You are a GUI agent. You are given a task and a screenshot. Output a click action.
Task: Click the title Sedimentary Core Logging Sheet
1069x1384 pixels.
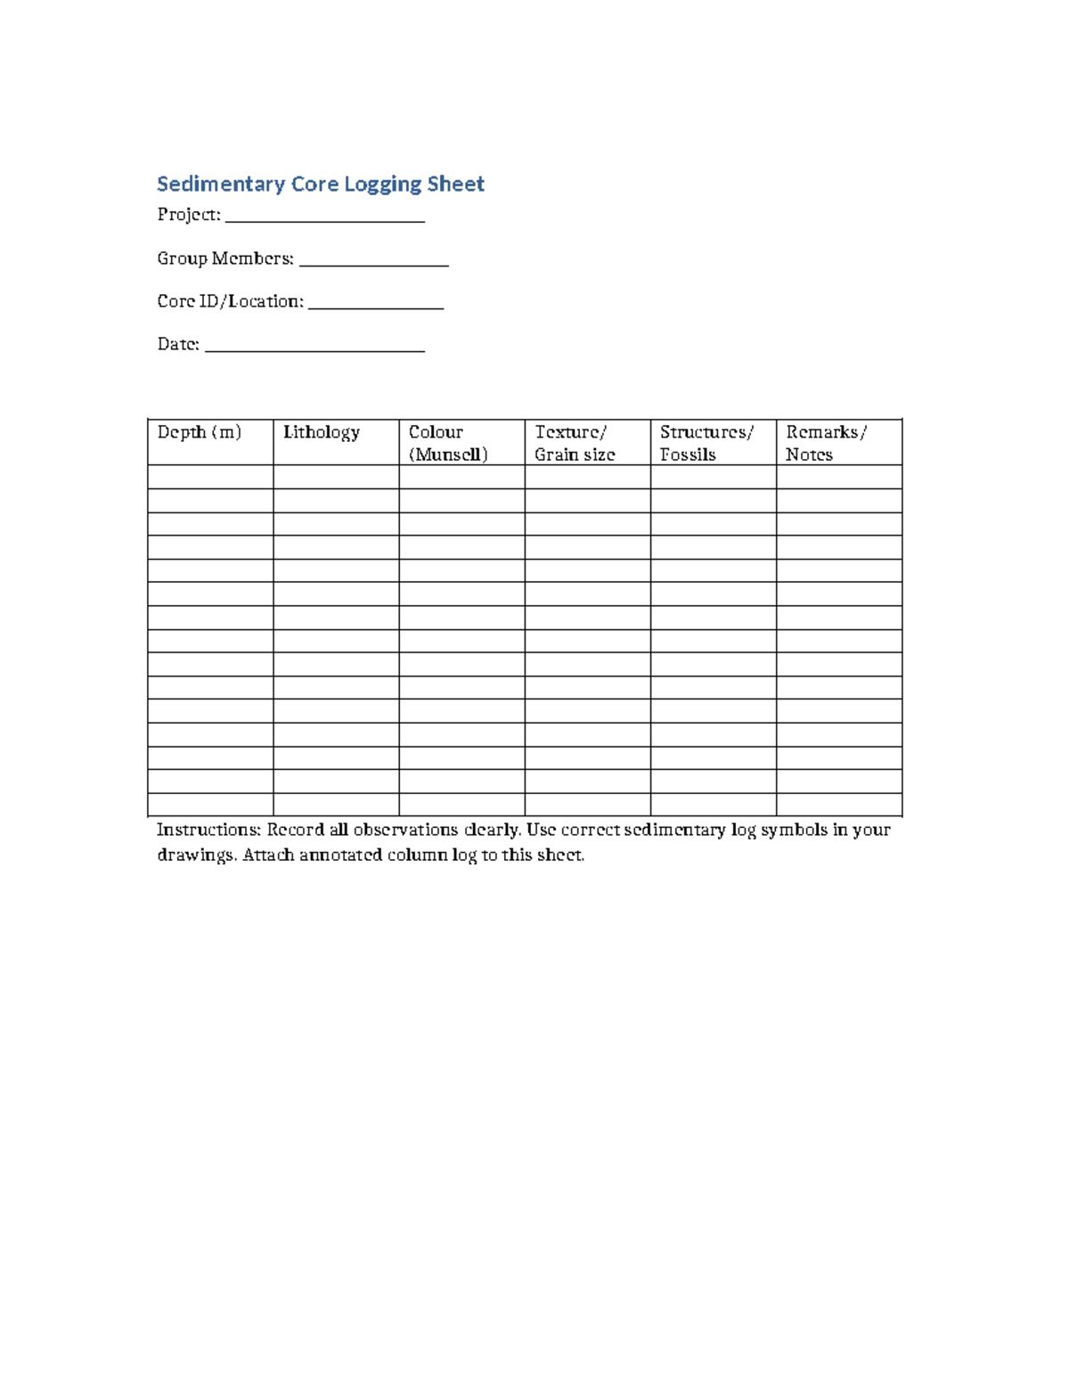click(x=321, y=184)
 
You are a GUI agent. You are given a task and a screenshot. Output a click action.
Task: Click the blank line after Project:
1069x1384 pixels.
click(x=325, y=216)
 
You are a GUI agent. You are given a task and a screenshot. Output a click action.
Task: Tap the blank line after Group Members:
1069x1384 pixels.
click(x=374, y=259)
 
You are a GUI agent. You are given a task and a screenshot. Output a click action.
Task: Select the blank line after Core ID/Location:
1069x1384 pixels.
click(x=376, y=302)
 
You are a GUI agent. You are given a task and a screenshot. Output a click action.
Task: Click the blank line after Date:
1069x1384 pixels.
click(x=314, y=345)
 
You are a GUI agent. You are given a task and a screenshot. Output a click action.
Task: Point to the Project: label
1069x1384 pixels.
click(x=188, y=215)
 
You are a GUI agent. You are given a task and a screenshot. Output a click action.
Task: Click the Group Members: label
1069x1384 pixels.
click(x=225, y=258)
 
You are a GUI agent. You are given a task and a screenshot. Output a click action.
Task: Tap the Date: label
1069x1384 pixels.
click(x=178, y=344)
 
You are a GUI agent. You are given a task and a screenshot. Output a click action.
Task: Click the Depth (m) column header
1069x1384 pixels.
click(x=200, y=432)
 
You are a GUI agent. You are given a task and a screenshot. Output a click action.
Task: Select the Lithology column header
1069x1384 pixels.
click(x=322, y=432)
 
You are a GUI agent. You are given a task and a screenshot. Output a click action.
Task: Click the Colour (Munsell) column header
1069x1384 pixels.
click(x=448, y=443)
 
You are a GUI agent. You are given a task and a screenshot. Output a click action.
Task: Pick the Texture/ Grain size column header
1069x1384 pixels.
click(x=575, y=443)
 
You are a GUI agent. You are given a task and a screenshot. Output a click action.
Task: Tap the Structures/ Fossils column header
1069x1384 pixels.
click(x=706, y=443)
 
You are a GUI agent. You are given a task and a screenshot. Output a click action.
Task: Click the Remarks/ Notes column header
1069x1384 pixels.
click(x=826, y=443)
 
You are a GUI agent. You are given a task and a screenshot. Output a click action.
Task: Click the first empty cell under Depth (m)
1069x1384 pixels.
click(x=210, y=477)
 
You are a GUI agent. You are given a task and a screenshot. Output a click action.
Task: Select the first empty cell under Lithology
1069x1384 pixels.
click(x=336, y=477)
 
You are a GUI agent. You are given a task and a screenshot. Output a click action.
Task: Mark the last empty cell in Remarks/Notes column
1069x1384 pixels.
click(x=839, y=804)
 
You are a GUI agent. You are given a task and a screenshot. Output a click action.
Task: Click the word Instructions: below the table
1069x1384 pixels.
click(x=208, y=830)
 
